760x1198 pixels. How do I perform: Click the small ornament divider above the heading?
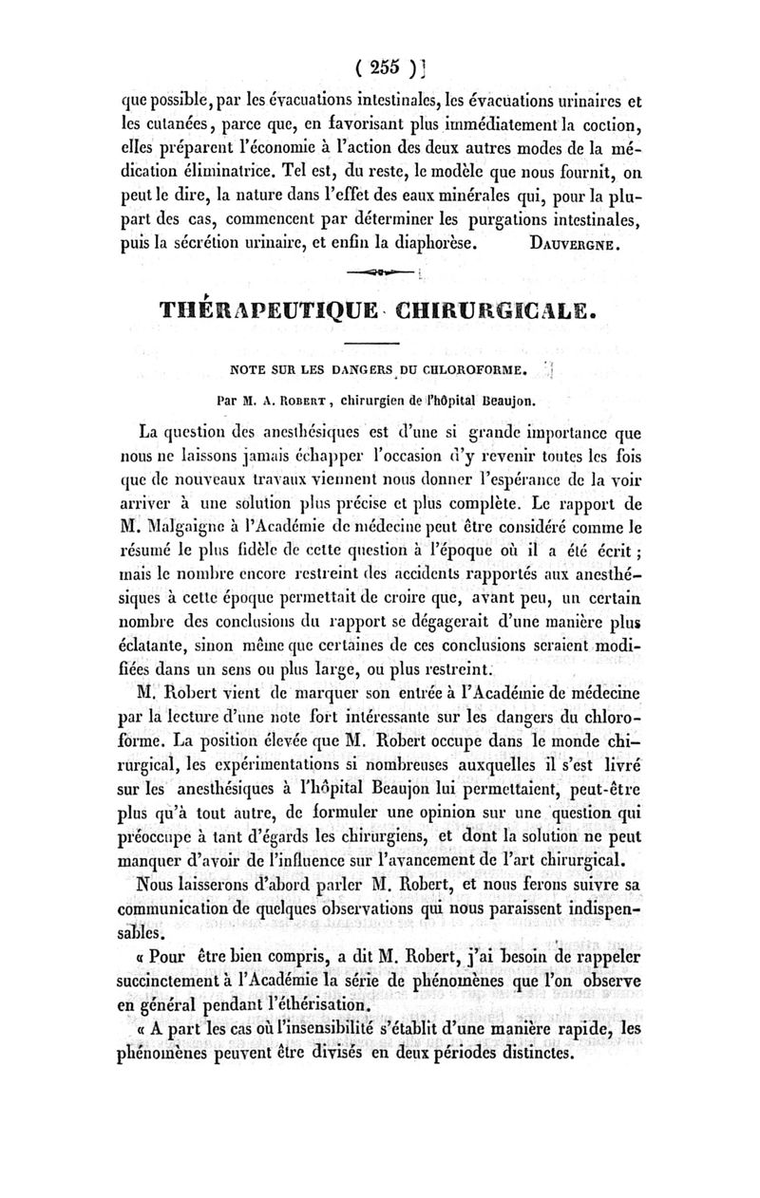tap(377, 274)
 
